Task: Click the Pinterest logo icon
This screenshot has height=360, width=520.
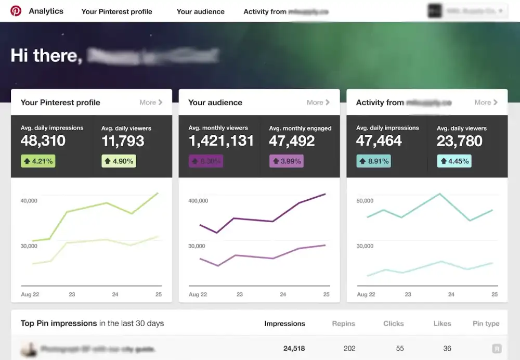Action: coord(16,11)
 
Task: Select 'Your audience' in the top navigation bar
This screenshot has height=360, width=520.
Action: coord(200,11)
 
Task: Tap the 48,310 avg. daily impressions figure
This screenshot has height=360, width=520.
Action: coord(43,141)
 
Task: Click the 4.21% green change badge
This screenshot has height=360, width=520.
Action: coord(37,161)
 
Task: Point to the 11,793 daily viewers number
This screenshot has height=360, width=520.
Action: coord(123,141)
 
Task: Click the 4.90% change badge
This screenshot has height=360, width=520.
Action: coord(119,161)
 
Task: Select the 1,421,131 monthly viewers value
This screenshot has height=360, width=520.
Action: coord(221,141)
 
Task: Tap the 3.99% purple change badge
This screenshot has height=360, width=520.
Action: coord(285,161)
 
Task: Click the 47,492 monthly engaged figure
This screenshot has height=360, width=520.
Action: coord(292,141)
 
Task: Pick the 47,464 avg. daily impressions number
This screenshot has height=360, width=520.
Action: coord(379,141)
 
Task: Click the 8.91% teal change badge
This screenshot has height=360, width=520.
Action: coord(373,161)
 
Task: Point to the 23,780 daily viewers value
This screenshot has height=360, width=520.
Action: coord(460,141)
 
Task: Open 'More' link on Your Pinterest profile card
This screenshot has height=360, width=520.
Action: coord(151,102)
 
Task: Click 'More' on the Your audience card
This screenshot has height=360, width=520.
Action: coord(318,102)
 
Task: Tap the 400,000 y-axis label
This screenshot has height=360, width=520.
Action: coord(198,200)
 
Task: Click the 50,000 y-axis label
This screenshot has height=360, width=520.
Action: coord(365,200)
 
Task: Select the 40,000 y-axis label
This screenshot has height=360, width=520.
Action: coord(29,200)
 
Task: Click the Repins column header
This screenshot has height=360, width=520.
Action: coord(343,324)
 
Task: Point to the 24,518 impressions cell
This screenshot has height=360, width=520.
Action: coord(294,349)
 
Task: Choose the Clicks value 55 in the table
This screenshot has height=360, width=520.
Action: coord(400,349)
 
